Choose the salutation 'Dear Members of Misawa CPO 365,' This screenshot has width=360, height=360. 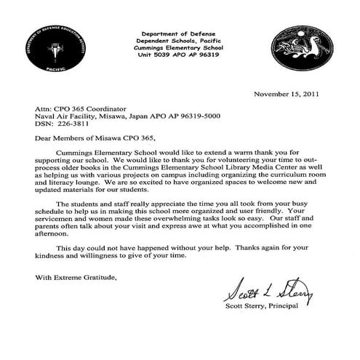coord(95,137)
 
